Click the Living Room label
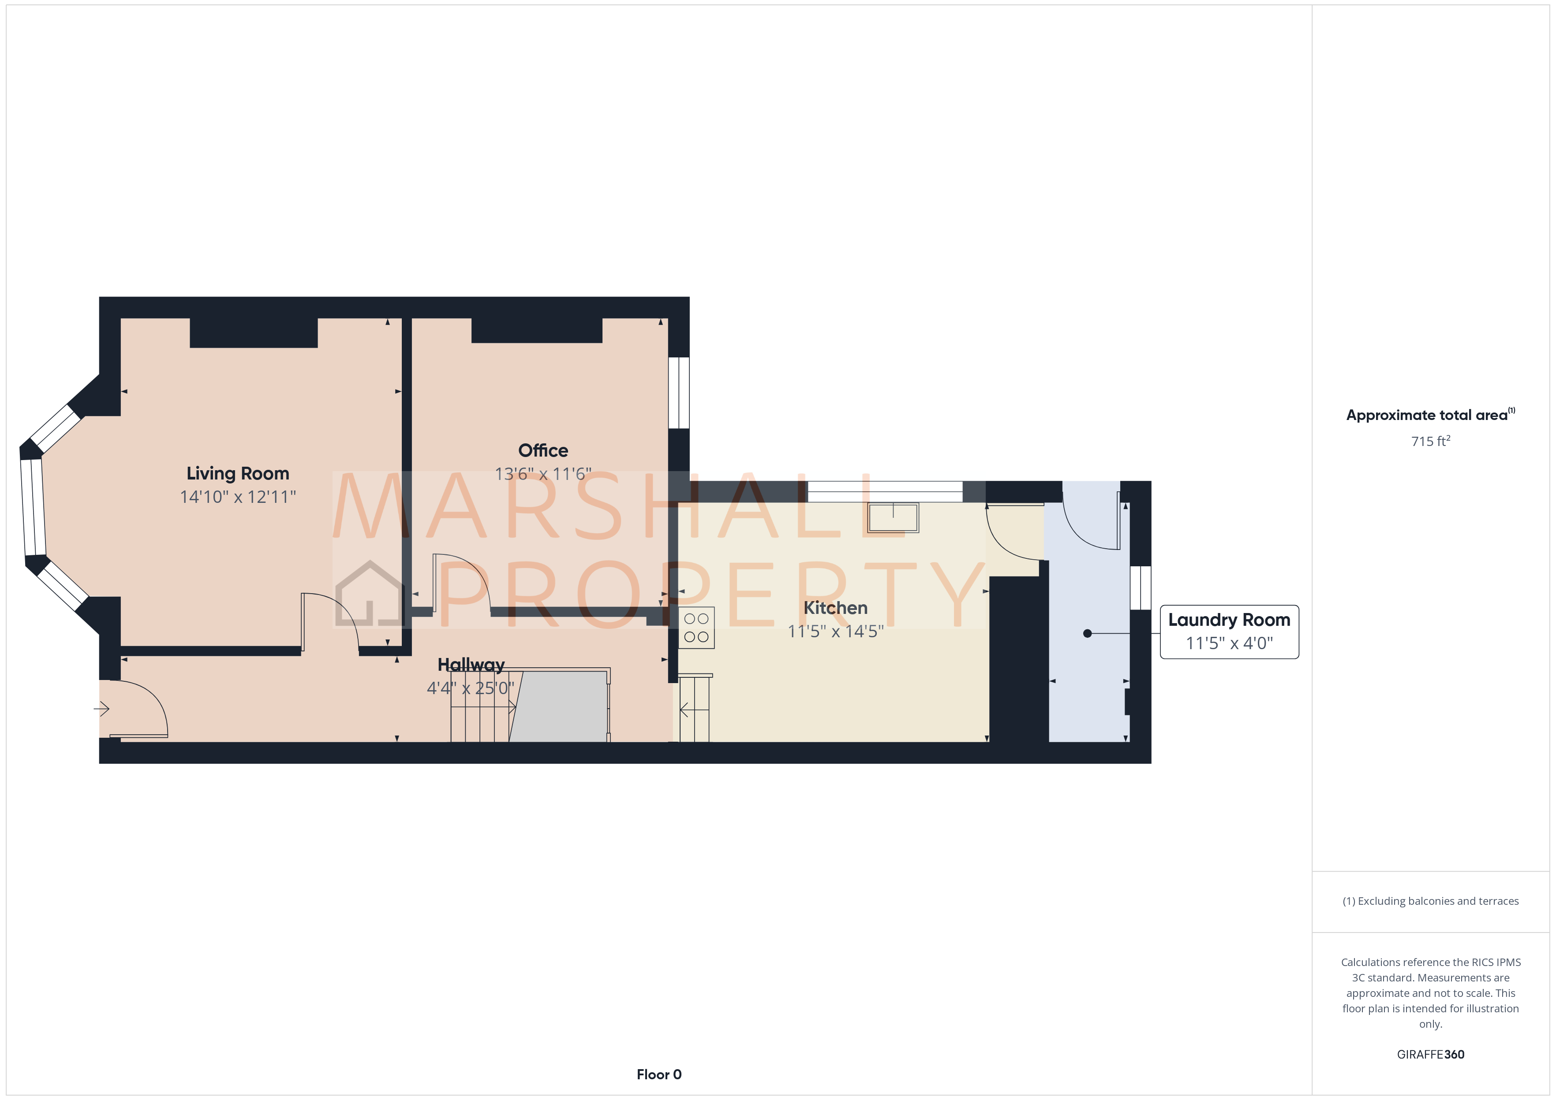[237, 473]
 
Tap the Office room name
[543, 450]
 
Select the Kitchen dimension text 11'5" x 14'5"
[835, 631]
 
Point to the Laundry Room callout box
[1229, 631]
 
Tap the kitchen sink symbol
[893, 517]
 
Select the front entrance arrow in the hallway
[101, 709]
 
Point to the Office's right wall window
[678, 393]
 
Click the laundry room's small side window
[1140, 587]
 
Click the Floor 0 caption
[659, 1074]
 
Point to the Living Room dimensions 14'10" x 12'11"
[237, 497]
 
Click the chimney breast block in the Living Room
[254, 333]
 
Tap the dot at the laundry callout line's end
[1087, 633]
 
